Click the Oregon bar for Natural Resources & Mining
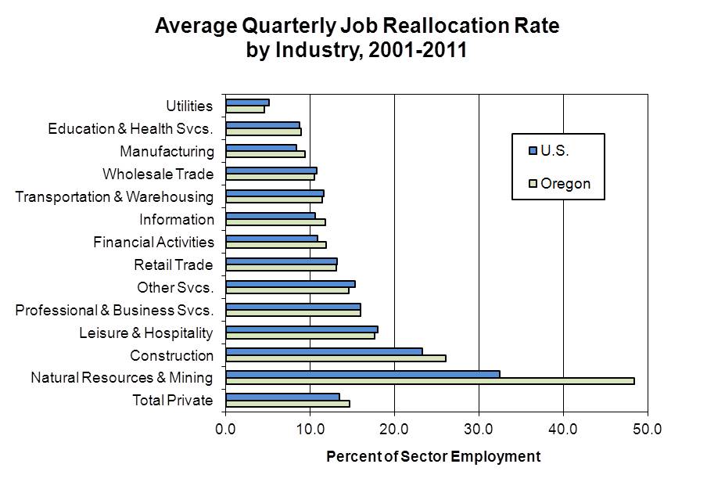[x=429, y=381]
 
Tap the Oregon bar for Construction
[x=336, y=358]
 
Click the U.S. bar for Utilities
[x=247, y=102]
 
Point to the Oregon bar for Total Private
[x=287, y=404]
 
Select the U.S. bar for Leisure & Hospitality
[x=301, y=329]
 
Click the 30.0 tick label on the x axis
[x=479, y=429]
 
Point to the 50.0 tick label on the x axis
[x=648, y=429]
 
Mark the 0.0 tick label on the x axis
[x=225, y=429]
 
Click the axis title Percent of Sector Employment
[x=432, y=456]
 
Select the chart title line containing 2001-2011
[x=357, y=50]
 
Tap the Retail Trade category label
[x=173, y=264]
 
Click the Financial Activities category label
[x=153, y=242]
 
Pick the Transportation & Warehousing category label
[x=114, y=196]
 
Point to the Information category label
[x=176, y=219]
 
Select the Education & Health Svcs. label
[x=131, y=128]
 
